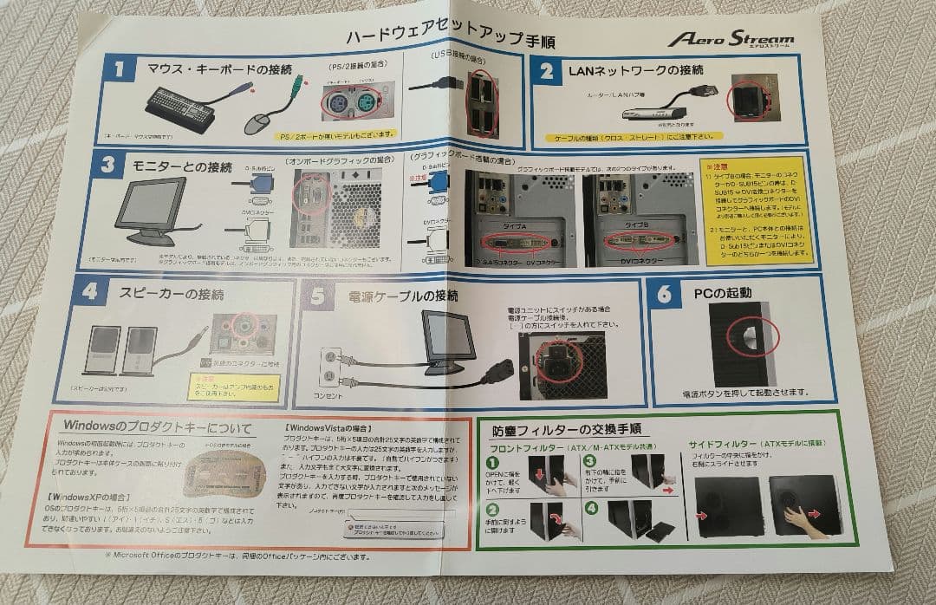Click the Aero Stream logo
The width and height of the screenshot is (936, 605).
(x=730, y=39)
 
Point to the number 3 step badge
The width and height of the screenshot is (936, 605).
(x=107, y=165)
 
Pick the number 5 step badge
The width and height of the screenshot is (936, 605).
(x=317, y=296)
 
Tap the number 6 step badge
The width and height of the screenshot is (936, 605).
(x=664, y=294)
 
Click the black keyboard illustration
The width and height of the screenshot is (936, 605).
(x=179, y=108)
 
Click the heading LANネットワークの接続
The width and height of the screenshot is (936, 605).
(x=623, y=69)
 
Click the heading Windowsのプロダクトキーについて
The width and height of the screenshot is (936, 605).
(x=157, y=428)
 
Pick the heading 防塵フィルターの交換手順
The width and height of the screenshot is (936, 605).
(x=565, y=430)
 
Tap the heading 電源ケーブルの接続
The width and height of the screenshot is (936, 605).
(x=403, y=296)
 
